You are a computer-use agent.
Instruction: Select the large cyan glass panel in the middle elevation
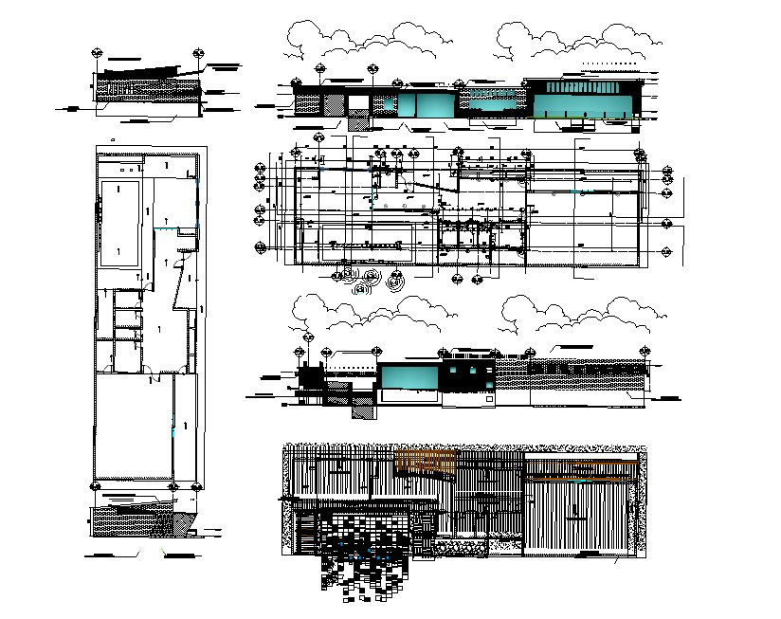pos(409,379)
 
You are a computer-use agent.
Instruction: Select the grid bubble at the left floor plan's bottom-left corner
pos(95,487)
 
